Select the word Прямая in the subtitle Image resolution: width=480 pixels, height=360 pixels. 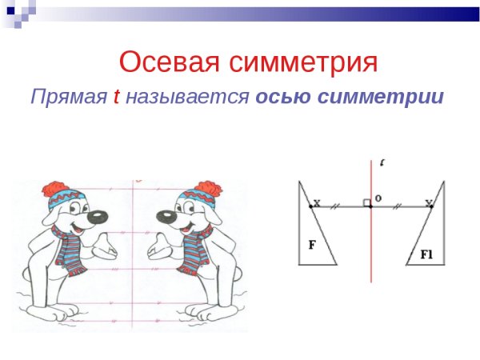click(x=69, y=98)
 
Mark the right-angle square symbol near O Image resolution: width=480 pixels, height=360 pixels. click(x=366, y=202)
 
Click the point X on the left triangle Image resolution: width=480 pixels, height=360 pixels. click(x=311, y=206)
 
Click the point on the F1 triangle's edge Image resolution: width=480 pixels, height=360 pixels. click(x=431, y=206)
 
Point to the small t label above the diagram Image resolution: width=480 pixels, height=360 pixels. click(x=382, y=163)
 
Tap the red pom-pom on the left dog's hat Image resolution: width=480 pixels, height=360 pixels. click(x=55, y=190)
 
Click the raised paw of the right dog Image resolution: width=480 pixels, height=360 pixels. click(x=159, y=244)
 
